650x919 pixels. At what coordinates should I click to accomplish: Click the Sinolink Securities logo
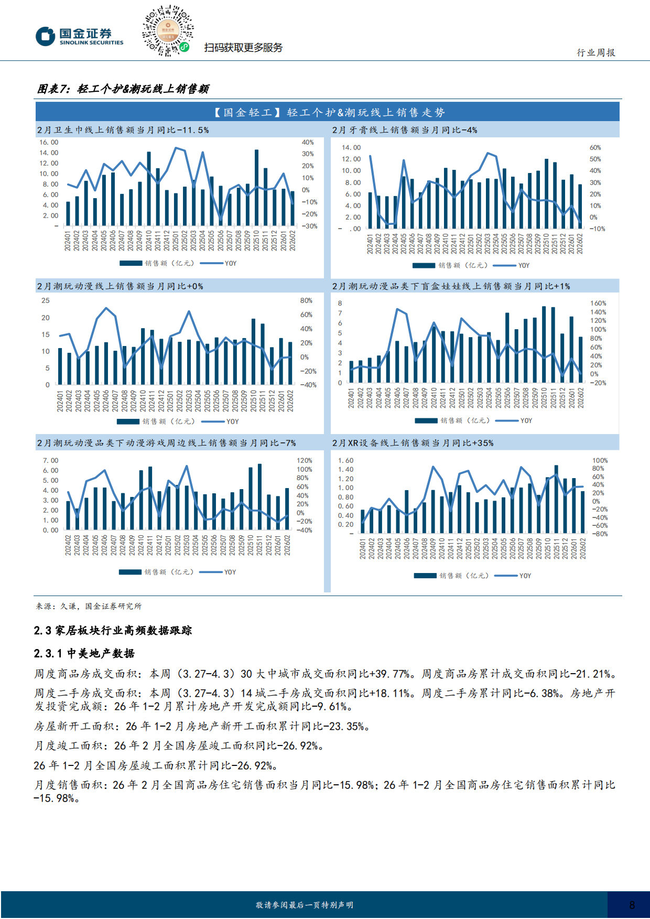point(80,36)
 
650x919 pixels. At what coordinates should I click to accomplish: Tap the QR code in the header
point(167,30)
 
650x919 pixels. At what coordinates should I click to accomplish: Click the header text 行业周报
point(596,52)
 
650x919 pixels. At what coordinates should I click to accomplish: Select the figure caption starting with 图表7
point(123,89)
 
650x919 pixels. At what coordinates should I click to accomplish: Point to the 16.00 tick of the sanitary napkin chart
point(49,143)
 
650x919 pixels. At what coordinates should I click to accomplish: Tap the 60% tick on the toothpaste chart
point(595,148)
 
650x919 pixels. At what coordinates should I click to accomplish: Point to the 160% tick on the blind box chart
point(598,304)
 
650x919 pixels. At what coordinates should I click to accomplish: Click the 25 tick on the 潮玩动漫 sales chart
point(46,301)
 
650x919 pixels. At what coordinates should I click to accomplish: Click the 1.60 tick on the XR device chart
point(345,461)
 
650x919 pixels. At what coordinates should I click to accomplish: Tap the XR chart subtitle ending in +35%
point(413,443)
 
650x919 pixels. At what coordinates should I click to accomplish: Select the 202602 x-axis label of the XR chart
point(583,548)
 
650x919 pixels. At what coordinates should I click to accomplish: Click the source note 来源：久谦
point(89,606)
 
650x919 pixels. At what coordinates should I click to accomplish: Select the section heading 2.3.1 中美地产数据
point(84,653)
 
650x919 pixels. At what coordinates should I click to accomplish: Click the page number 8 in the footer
point(632,905)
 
